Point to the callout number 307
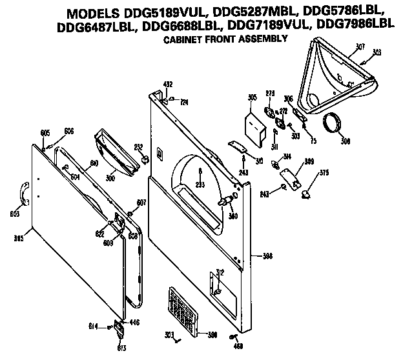point(360,46)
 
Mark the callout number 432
point(168,85)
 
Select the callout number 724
point(183,102)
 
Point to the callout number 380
point(232,216)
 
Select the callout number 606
point(68,131)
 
